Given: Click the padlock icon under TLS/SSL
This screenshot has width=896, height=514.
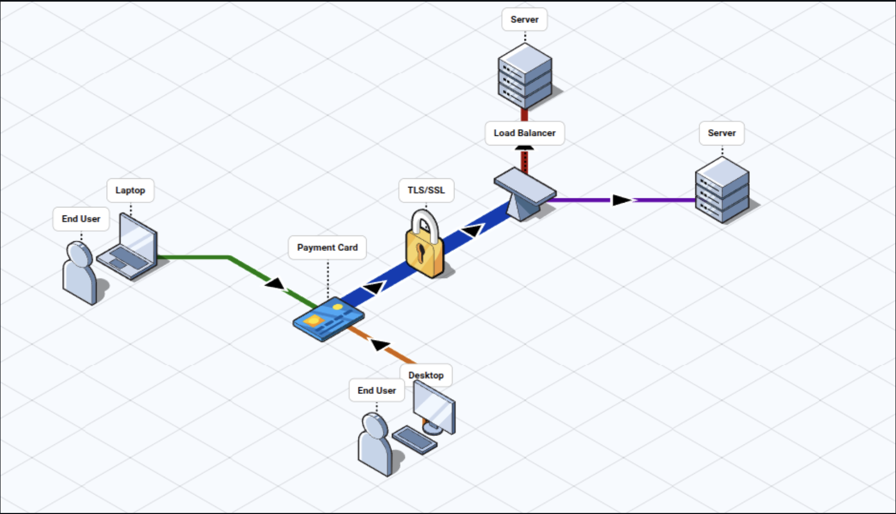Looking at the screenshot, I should (x=425, y=248).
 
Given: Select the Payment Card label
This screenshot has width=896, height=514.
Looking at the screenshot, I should (x=327, y=248).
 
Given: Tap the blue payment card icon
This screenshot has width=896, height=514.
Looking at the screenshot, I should (x=328, y=318).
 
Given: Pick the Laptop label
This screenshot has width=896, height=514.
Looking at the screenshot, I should (x=130, y=191).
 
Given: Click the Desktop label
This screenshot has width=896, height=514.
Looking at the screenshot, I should (x=426, y=375).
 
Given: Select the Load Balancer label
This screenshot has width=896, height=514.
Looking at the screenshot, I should (x=525, y=133).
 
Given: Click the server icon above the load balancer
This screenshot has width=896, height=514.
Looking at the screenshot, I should (x=525, y=75).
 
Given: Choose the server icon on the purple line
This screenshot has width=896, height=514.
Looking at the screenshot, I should (x=722, y=190).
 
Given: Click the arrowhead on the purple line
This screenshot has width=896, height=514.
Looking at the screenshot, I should (x=621, y=200).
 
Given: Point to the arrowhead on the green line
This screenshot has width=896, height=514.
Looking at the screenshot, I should (x=275, y=283).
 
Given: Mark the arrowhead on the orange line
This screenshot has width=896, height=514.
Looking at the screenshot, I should (x=381, y=344).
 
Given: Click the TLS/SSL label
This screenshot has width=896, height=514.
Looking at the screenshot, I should (x=426, y=191).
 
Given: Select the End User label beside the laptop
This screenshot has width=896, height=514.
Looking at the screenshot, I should (x=81, y=219).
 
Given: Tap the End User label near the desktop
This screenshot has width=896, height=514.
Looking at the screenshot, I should (x=377, y=391).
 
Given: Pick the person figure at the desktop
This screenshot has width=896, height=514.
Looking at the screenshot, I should (x=375, y=444).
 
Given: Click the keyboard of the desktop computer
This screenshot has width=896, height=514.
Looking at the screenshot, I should (x=414, y=439).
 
